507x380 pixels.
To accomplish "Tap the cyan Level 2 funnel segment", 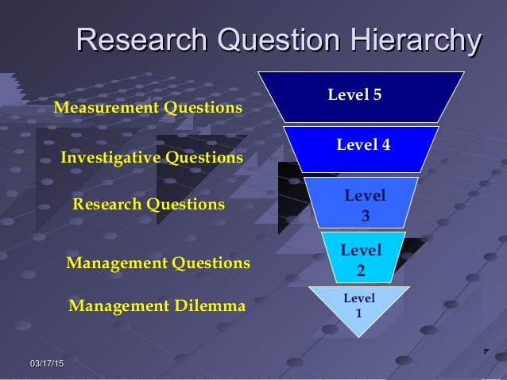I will click(361, 259).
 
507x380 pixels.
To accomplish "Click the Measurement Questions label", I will click(147, 107).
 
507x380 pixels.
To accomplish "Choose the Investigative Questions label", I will click(152, 158).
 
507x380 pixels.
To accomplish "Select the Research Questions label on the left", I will click(149, 204).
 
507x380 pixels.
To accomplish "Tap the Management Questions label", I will click(157, 262).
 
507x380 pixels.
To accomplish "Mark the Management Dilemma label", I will click(157, 305).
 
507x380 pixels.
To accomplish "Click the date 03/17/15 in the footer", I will click(47, 363).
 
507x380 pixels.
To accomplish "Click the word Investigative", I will click(110, 158).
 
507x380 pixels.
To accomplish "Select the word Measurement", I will click(103, 107).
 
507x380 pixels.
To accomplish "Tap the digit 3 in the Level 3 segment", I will click(365, 215).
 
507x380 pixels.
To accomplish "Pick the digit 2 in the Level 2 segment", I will click(361, 270).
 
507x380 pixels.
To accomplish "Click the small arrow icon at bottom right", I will click(486, 351).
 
